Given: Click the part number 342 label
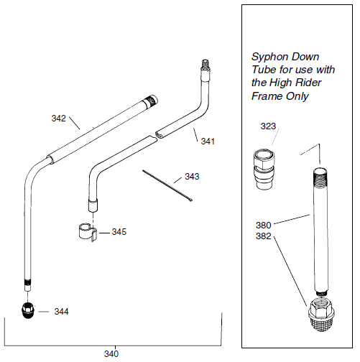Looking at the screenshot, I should (59, 117).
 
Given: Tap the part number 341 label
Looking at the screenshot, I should (208, 141).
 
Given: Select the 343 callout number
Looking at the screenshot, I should (192, 176).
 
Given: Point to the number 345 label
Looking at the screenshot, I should (119, 232).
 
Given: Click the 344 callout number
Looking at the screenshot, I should (62, 311).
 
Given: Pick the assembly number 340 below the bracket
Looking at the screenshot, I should (111, 353).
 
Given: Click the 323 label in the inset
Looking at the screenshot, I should (268, 126).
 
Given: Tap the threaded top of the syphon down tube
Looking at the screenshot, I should (321, 175).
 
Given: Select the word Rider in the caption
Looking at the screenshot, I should (307, 83).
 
